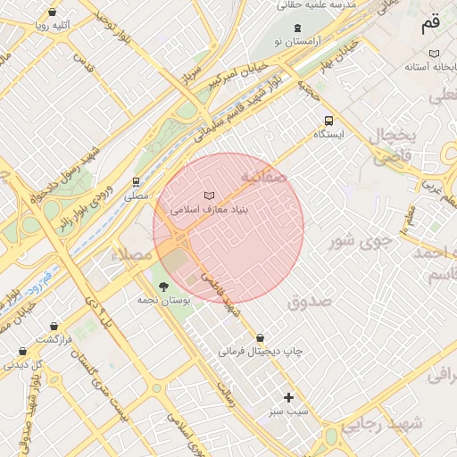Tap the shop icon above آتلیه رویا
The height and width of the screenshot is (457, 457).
(x=54, y=12)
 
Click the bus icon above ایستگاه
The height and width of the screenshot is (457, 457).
(x=329, y=120)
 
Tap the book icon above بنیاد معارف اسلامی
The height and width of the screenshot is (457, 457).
(x=209, y=195)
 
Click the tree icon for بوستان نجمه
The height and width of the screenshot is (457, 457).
(x=162, y=287)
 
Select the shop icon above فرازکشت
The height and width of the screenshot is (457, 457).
(x=55, y=327)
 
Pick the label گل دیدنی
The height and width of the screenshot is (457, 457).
(x=24, y=364)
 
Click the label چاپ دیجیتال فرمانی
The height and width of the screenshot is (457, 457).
(x=261, y=352)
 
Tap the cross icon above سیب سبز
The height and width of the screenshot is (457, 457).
(x=288, y=397)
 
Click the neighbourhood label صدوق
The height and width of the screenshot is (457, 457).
(x=310, y=302)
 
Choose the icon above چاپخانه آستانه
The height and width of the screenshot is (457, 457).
(x=434, y=54)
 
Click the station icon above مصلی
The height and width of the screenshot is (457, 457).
(x=137, y=180)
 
